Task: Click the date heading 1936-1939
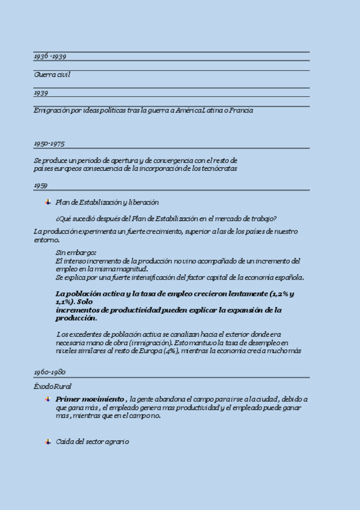50,56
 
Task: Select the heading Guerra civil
52,75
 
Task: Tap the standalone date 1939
41,93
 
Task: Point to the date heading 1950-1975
49,144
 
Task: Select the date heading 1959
41,186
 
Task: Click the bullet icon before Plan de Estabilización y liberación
48,202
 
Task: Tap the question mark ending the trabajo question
275,218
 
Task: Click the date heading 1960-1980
50,372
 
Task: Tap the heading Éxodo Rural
53,387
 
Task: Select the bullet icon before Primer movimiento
48,399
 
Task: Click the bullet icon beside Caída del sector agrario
48,441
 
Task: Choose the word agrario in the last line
117,441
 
